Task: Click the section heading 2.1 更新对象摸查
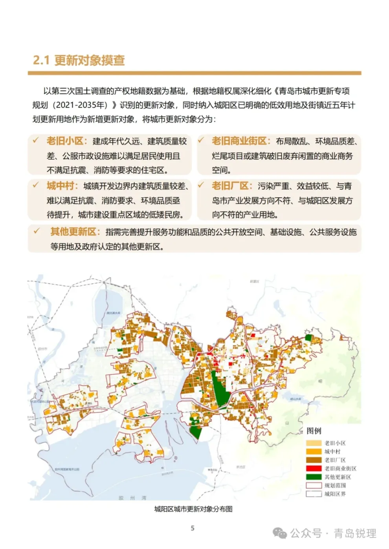click(79, 60)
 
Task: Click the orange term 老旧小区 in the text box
click(65, 141)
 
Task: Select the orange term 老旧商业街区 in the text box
click(239, 141)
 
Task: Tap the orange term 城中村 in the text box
click(61, 186)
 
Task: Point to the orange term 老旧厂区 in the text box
click(230, 186)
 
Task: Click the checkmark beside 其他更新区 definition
click(37, 231)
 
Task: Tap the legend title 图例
click(314, 431)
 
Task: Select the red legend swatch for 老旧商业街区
click(314, 469)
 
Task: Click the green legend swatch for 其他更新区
click(314, 477)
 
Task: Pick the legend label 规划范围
click(335, 485)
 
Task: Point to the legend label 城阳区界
click(335, 494)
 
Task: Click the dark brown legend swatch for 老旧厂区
click(314, 460)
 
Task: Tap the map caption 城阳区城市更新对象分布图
click(193, 509)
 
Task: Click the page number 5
click(193, 528)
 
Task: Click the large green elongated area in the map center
click(220, 388)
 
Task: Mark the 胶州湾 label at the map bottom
click(132, 498)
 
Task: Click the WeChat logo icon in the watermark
click(280, 533)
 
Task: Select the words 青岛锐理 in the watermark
click(355, 533)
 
